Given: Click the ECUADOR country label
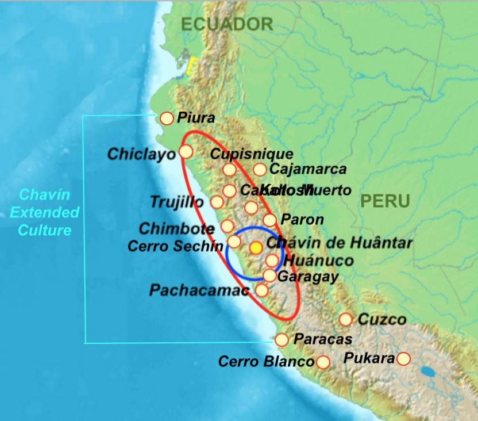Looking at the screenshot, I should click(227, 24).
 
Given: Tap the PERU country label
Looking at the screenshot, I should click(386, 201).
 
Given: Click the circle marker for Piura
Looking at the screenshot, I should click(167, 118).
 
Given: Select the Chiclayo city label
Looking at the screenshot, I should click(142, 154).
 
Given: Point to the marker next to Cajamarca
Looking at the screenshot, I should click(260, 169).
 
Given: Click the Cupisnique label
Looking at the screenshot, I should click(252, 154).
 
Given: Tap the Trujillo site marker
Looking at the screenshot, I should click(217, 202).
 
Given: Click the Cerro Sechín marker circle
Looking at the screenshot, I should click(234, 241).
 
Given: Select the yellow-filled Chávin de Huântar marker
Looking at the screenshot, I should click(256, 247).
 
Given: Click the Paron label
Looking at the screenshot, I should click(302, 220).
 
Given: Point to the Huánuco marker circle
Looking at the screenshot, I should click(272, 261).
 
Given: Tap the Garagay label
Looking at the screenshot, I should click(307, 277).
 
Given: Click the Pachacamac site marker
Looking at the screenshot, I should click(261, 290).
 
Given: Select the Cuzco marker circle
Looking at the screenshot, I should click(345, 319).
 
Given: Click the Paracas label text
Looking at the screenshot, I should click(323, 339).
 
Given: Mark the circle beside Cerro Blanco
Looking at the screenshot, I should click(323, 362).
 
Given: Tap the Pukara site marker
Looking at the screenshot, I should click(404, 359).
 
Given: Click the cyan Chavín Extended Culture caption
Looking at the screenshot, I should click(44, 213).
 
